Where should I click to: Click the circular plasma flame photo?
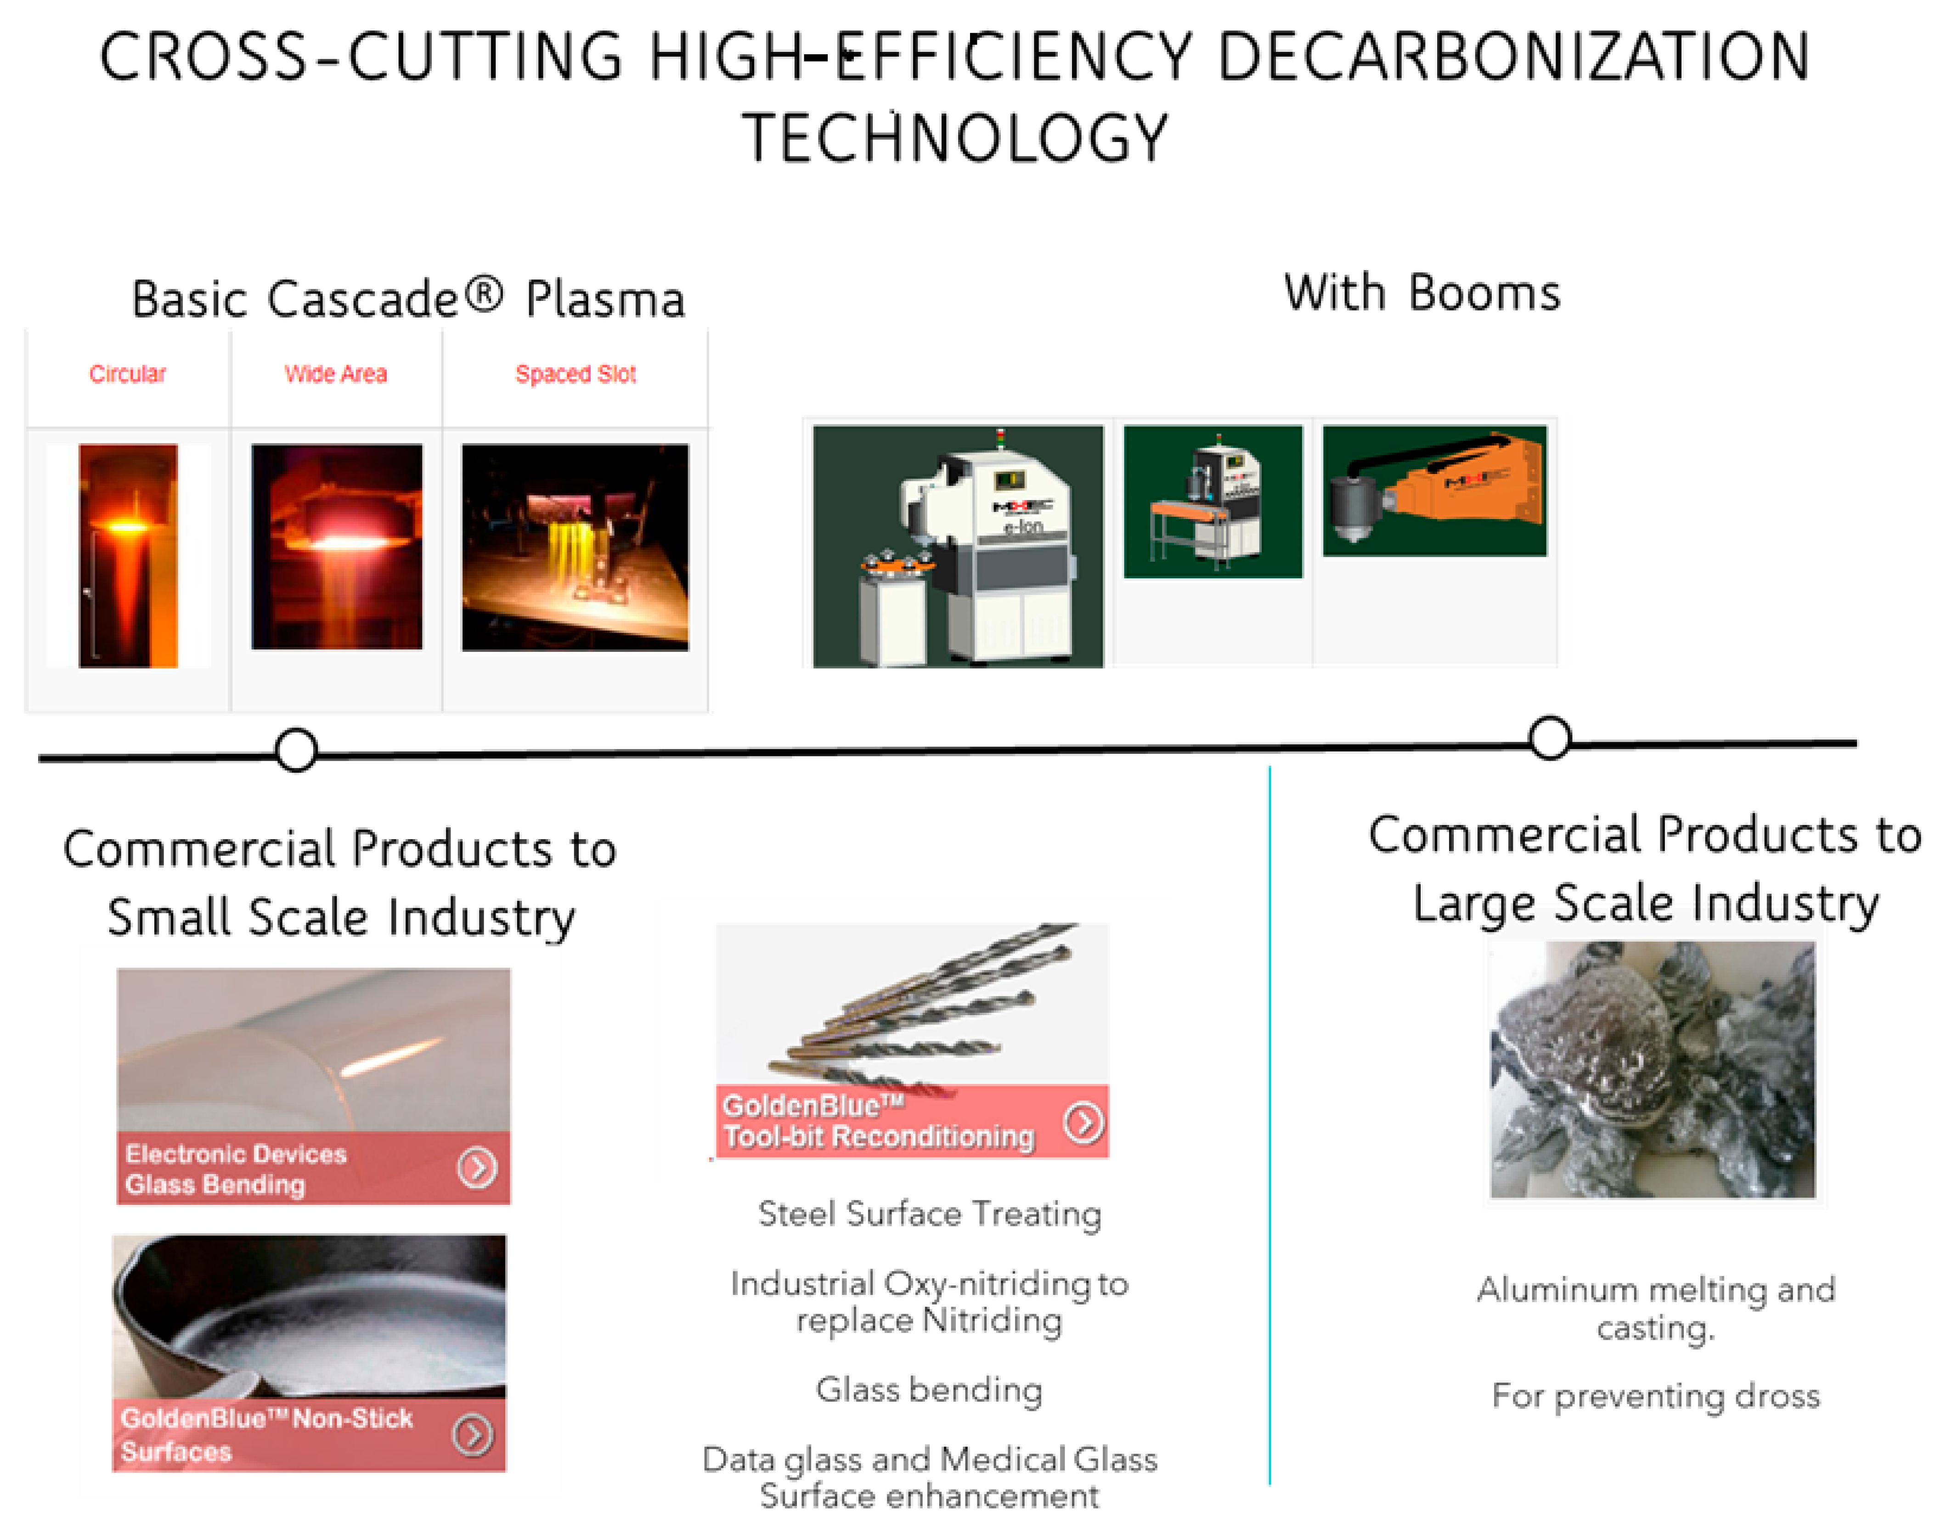(x=128, y=555)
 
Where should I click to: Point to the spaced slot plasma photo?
(x=575, y=547)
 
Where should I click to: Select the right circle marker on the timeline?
(x=1550, y=738)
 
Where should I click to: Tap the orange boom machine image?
(x=1434, y=491)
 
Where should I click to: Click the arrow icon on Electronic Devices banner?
(x=476, y=1168)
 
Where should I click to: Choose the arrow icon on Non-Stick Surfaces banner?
(x=472, y=1435)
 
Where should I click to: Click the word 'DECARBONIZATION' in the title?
(x=1514, y=57)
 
